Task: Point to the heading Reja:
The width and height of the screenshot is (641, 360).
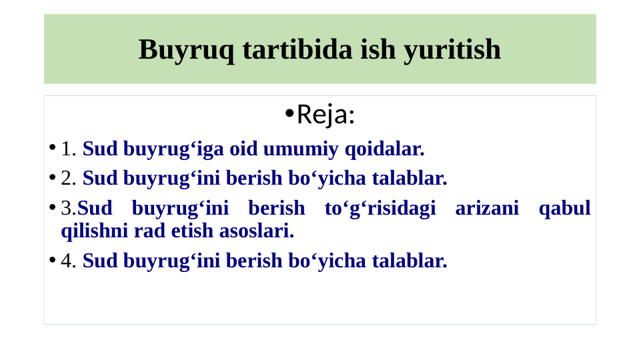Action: [326, 115]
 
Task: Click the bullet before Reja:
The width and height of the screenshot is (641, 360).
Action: [288, 114]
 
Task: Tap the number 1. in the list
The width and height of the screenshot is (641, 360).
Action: [69, 149]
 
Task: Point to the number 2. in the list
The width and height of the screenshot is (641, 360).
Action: [69, 178]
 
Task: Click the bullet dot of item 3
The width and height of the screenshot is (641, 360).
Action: [52, 208]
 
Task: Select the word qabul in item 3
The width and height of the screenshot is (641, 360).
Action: [564, 208]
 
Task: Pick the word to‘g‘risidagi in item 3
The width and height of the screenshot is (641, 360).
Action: [380, 208]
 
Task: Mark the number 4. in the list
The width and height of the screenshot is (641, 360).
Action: [69, 261]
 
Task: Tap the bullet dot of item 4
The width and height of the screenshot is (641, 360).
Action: [52, 260]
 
